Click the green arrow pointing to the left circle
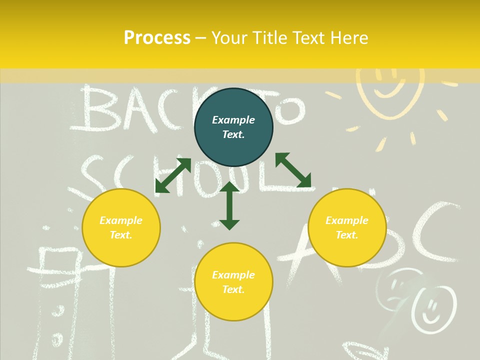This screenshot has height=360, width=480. [173, 175]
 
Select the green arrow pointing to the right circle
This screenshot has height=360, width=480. [293, 170]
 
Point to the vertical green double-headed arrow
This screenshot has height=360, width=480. [229, 205]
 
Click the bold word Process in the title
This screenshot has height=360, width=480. [157, 37]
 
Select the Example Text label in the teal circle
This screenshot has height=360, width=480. [233, 127]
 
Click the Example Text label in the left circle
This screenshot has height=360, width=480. [121, 227]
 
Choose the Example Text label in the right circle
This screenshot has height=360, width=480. [347, 227]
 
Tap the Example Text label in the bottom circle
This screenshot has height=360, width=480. [233, 282]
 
